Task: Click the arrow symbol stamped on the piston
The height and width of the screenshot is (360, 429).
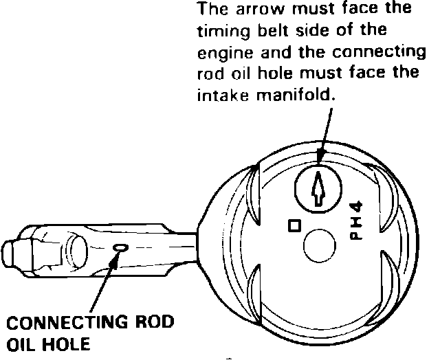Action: click(x=318, y=188)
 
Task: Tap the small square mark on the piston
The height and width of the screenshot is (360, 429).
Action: click(x=294, y=225)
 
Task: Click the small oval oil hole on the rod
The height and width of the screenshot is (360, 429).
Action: click(x=121, y=247)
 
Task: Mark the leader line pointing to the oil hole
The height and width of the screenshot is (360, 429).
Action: click(x=103, y=282)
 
